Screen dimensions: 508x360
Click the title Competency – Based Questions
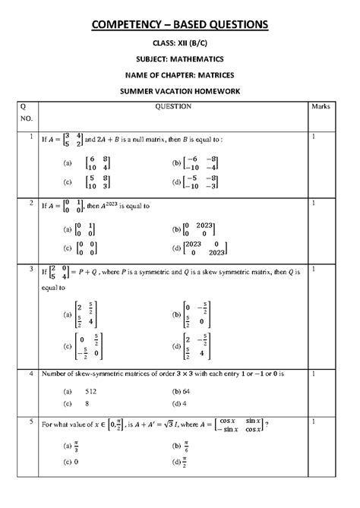pyautogui.click(x=180, y=26)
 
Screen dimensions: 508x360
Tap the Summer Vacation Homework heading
pyautogui.click(x=180, y=90)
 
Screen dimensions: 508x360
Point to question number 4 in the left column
pyautogui.click(x=29, y=374)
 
